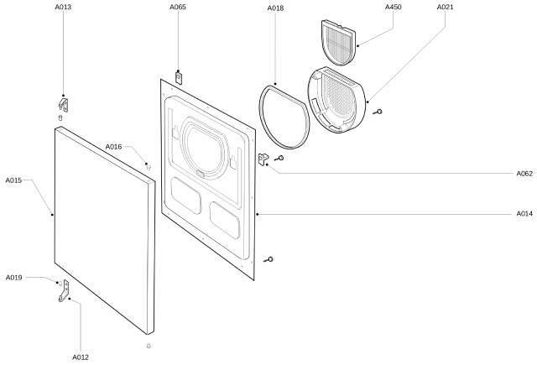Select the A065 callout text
click(178, 8)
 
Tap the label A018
click(275, 8)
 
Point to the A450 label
click(393, 8)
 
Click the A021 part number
click(446, 8)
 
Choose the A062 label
click(524, 174)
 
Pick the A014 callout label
click(524, 214)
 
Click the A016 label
click(114, 147)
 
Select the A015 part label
click(14, 180)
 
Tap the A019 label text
click(14, 277)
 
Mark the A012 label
click(81, 357)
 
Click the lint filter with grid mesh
click(339, 42)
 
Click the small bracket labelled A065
click(179, 76)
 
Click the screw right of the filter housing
click(380, 111)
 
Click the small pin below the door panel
click(149, 346)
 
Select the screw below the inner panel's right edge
click(268, 259)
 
